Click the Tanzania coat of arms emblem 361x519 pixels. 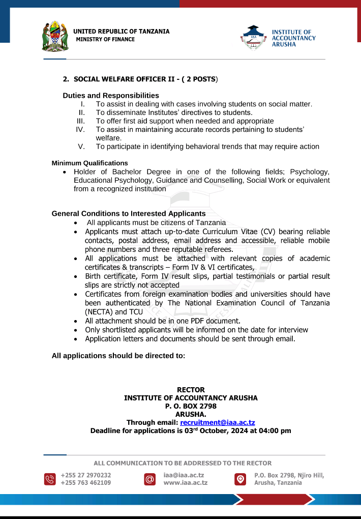(x=55, y=36)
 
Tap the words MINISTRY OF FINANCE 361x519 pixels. (x=105, y=39)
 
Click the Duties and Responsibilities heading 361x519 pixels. (x=111, y=96)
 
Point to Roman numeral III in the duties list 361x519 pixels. (x=80, y=121)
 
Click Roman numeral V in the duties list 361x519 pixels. (x=81, y=147)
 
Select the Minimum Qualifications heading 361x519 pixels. (x=89, y=163)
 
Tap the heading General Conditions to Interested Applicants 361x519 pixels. (x=129, y=214)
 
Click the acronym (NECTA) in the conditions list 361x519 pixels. (x=99, y=311)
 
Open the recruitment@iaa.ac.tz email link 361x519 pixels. (x=218, y=422)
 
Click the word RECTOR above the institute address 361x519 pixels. (x=191, y=390)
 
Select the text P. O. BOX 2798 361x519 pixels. (x=191, y=406)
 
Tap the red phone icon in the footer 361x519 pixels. (x=50, y=479)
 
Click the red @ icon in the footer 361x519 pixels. (x=149, y=479)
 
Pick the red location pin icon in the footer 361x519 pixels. (x=240, y=479)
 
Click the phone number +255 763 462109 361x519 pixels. (x=85, y=483)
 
